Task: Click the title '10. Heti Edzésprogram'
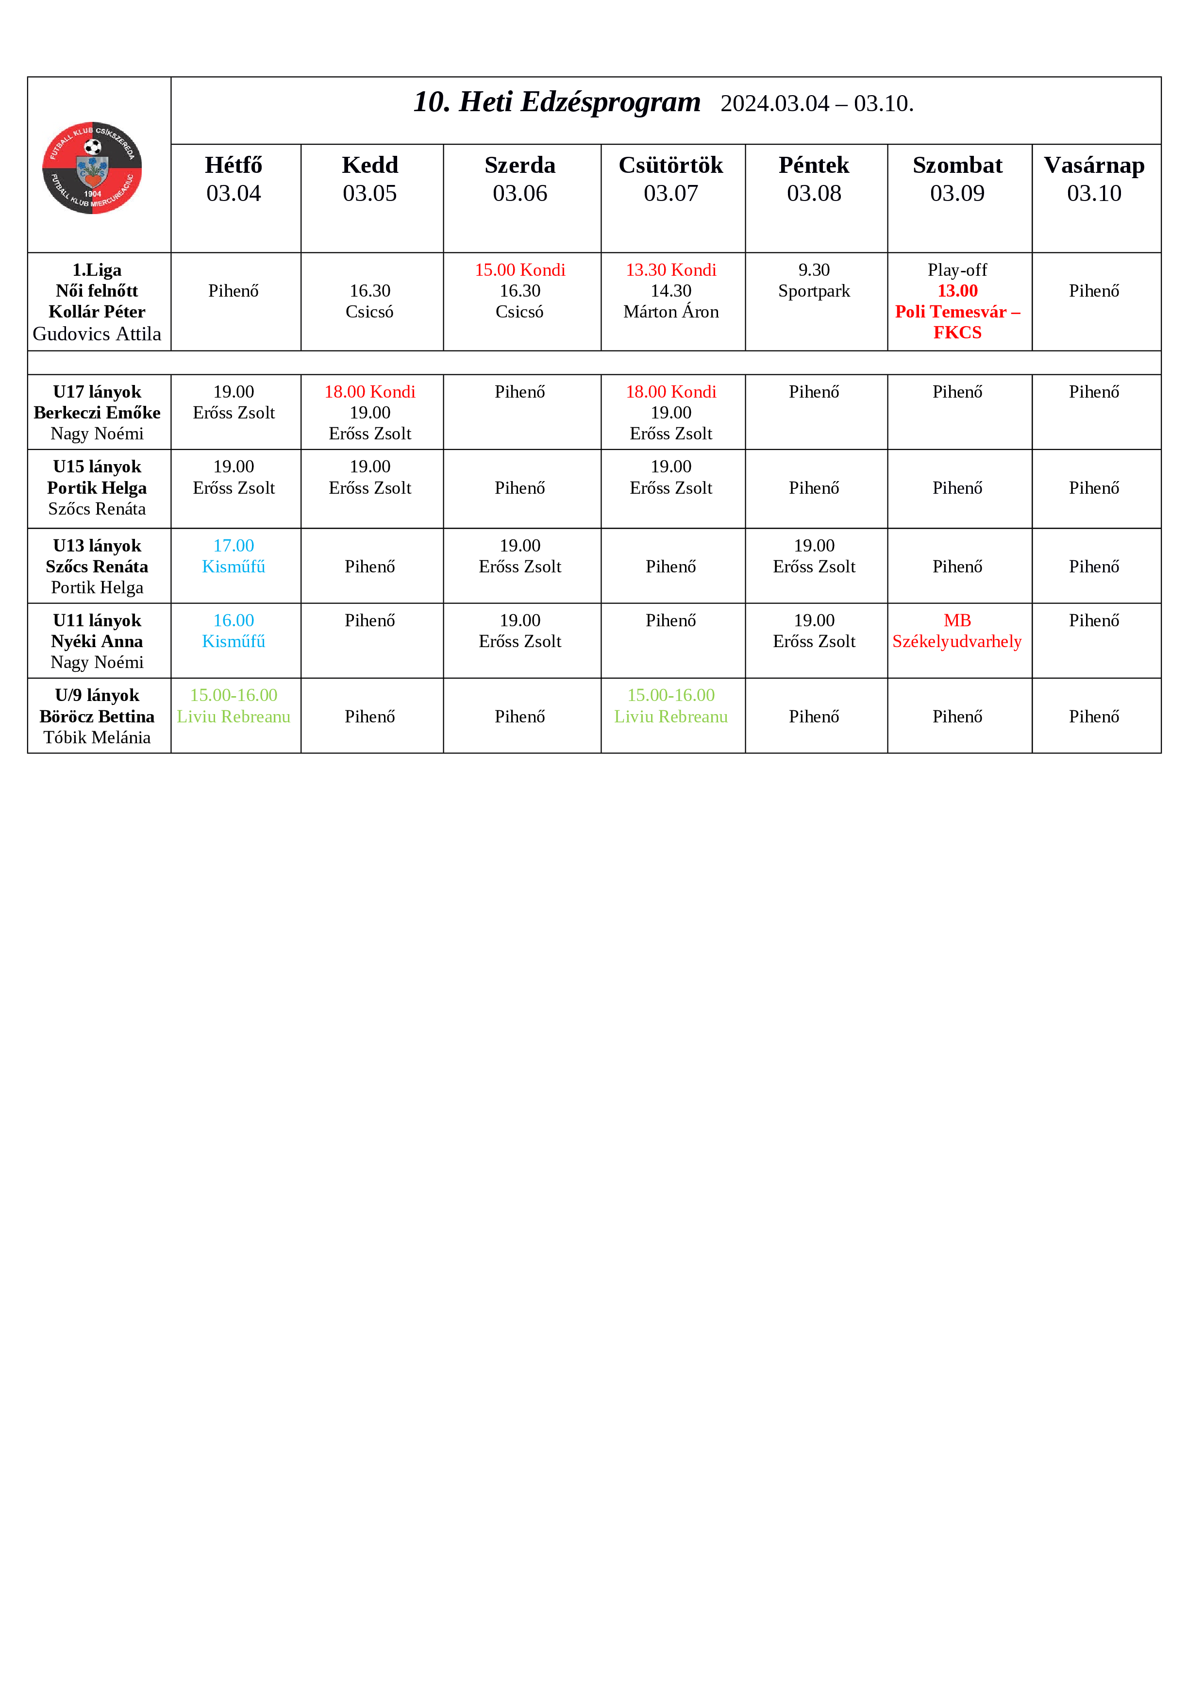point(556,102)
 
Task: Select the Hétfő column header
point(234,179)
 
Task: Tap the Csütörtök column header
point(670,179)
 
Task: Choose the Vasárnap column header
point(1094,179)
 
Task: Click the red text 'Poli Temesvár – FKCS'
point(957,322)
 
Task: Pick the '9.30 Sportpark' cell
point(814,281)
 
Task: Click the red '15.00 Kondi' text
point(520,270)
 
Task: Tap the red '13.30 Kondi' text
point(670,270)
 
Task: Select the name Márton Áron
point(670,312)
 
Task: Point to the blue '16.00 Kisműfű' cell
point(234,631)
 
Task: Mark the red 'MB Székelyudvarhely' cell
point(957,631)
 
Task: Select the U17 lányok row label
point(97,392)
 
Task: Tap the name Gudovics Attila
point(97,334)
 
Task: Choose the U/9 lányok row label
point(97,696)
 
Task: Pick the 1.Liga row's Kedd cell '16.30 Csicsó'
point(369,301)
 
